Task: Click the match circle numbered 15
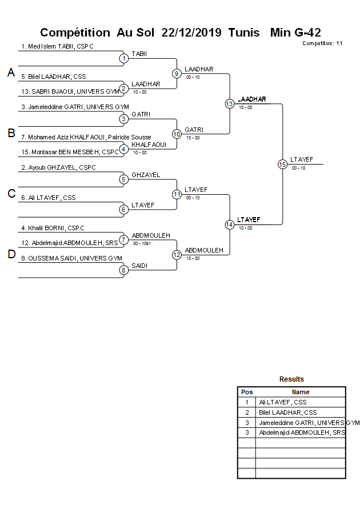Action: point(282,164)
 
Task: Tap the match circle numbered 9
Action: point(177,73)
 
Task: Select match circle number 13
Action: point(229,103)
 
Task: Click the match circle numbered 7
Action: point(123,239)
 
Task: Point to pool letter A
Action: point(11,73)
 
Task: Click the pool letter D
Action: point(11,254)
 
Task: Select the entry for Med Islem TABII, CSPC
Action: point(57,46)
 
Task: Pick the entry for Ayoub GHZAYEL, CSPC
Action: point(58,167)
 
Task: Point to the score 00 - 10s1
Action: point(142,243)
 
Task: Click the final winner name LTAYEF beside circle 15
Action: point(302,159)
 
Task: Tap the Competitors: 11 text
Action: point(322,43)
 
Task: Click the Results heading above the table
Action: point(291,379)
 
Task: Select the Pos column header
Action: point(247,392)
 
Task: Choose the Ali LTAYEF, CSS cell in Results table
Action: point(283,402)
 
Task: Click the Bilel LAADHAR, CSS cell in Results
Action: point(288,412)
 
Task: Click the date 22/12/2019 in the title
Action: point(192,33)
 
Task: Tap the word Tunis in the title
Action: point(243,33)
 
